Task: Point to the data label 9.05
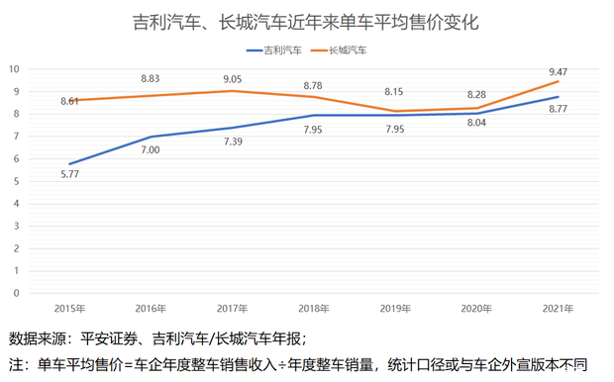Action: tap(232, 78)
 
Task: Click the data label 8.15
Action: tap(395, 92)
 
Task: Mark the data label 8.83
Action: tap(151, 78)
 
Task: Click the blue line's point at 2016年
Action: tap(151, 137)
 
